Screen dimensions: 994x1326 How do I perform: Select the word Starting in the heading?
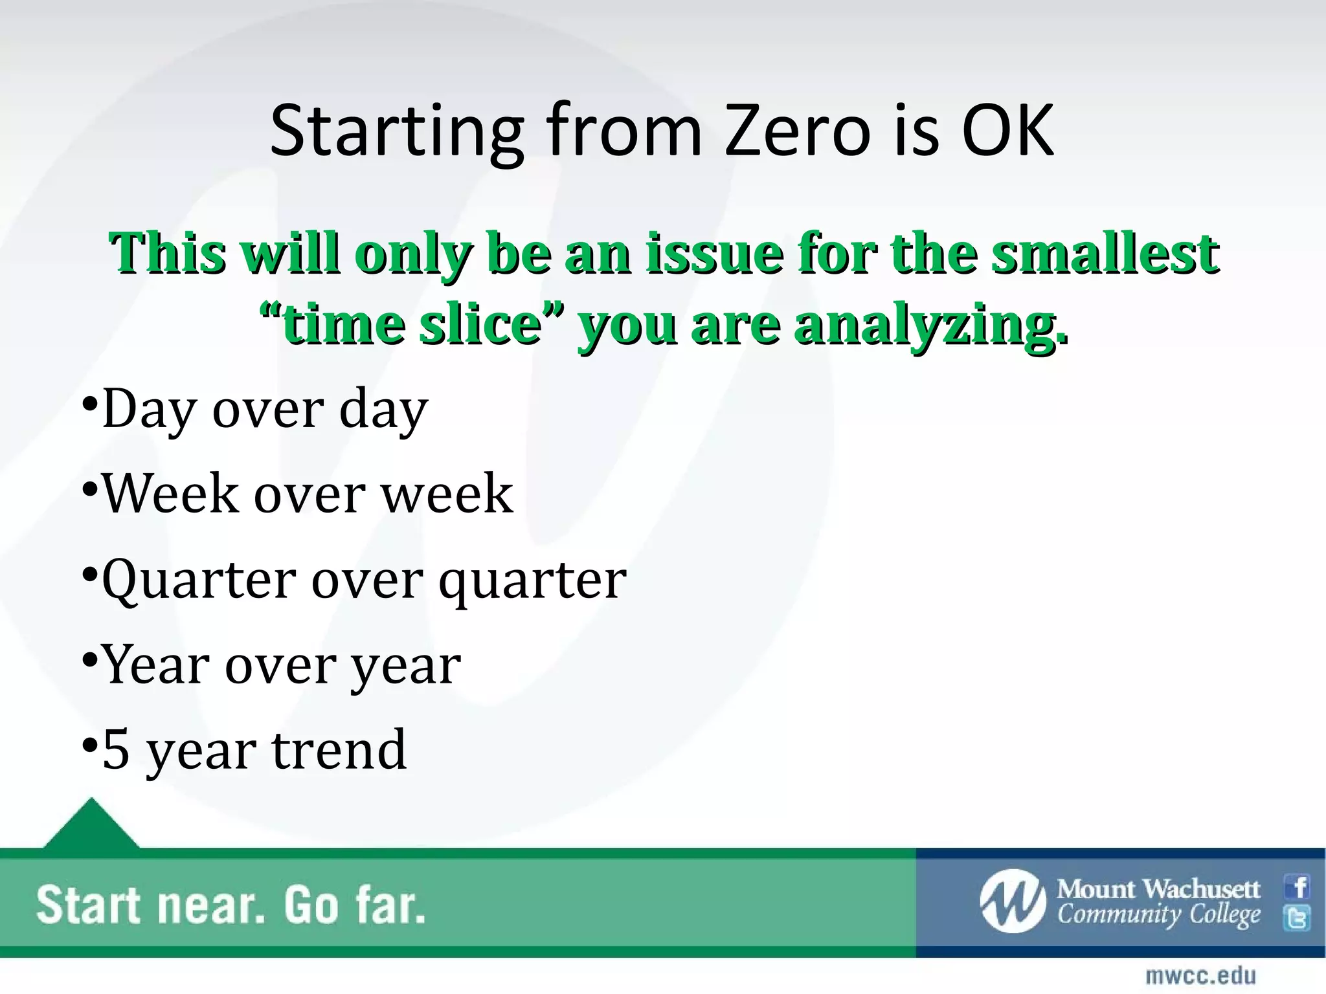[x=396, y=133]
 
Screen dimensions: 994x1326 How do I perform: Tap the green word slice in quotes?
[x=480, y=324]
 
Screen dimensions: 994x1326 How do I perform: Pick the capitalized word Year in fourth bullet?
[x=157, y=665]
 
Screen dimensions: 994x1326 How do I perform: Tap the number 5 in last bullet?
[x=116, y=749]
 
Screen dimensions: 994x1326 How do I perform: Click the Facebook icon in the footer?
[x=1298, y=887]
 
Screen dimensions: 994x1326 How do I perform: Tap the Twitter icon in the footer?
[x=1298, y=918]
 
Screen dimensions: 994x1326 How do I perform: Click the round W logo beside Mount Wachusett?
[x=1012, y=901]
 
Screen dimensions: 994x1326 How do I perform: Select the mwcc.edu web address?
[x=1200, y=975]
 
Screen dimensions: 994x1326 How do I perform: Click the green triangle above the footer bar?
[x=91, y=824]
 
